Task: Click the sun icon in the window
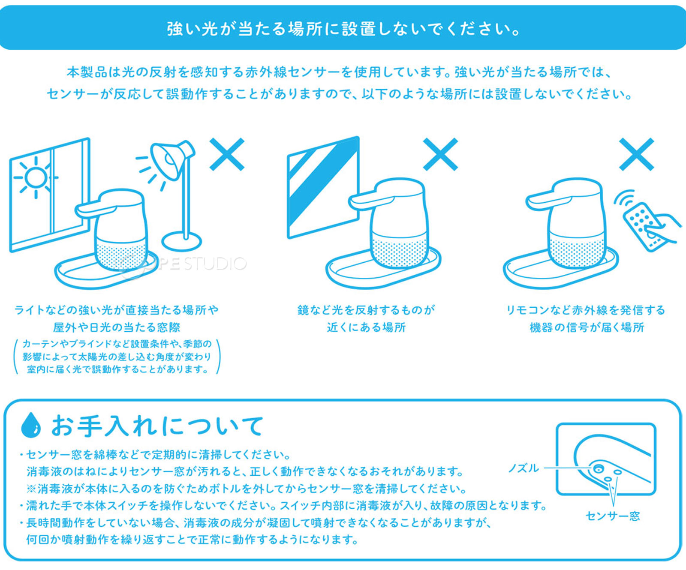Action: pos(35,177)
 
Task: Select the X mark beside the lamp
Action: pos(227,154)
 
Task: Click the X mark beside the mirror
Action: pos(440,154)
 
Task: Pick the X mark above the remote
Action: pos(636,154)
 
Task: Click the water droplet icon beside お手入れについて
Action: pos(31,425)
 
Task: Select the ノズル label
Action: pos(523,468)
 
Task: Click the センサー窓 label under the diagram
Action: pos(612,516)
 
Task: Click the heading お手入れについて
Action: pos(156,426)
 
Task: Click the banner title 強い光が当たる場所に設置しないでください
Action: pos(343,29)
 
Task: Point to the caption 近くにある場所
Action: pos(366,327)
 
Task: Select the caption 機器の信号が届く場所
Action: pos(587,327)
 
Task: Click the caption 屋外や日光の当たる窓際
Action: pos(117,327)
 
